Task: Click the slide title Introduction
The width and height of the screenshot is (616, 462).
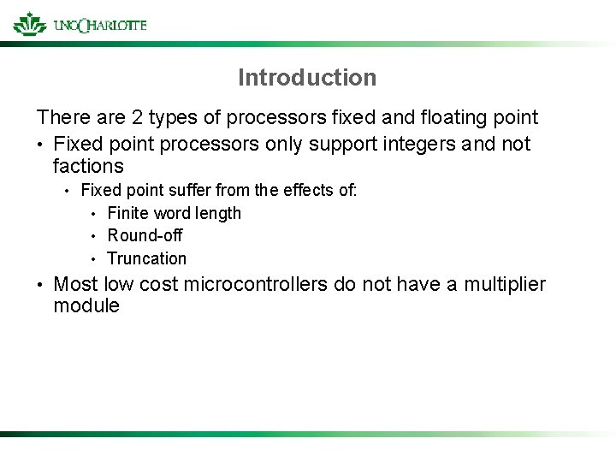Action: coord(307,78)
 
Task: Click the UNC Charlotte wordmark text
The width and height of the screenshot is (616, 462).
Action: coord(100,26)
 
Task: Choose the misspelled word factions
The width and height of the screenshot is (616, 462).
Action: coord(88,166)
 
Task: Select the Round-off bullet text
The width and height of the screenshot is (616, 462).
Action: coord(145,235)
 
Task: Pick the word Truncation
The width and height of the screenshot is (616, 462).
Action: coord(146,258)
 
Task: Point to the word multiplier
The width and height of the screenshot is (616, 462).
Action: coord(505,284)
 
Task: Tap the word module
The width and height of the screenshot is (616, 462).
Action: coord(86,306)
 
